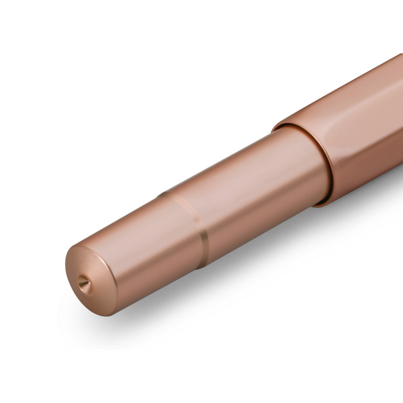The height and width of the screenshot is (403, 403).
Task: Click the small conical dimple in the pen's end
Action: (85, 284)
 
